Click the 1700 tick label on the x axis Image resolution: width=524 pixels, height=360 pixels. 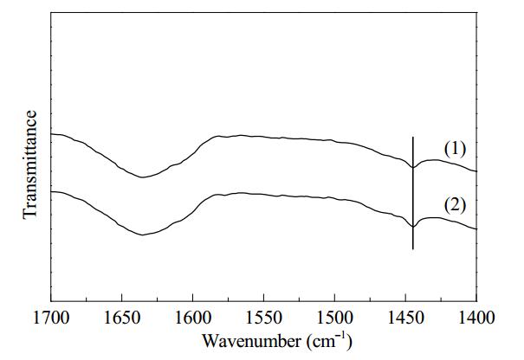[x=51, y=318]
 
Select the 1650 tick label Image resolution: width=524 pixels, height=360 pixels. [x=122, y=318]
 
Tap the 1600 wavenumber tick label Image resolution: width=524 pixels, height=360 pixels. [x=193, y=318]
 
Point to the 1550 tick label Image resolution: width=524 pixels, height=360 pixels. [x=263, y=318]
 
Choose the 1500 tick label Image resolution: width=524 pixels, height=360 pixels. [x=334, y=318]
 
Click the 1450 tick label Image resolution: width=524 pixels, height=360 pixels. [x=405, y=318]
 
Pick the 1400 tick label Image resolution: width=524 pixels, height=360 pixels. [x=476, y=318]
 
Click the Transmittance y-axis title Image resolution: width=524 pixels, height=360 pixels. [x=29, y=164]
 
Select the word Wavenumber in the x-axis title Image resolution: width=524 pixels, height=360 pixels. [x=251, y=341]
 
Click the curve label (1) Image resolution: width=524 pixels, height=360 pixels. [x=455, y=149]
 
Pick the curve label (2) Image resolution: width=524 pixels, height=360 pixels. [x=455, y=205]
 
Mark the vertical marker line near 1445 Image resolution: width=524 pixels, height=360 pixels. [x=413, y=193]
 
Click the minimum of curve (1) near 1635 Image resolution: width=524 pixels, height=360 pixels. [x=143, y=177]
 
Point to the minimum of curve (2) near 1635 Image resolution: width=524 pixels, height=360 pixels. [x=143, y=235]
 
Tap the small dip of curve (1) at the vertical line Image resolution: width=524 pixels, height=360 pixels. [x=413, y=167]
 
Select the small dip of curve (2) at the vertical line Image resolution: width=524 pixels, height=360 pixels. [x=413, y=227]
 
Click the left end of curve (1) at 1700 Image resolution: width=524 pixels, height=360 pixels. [x=51, y=134]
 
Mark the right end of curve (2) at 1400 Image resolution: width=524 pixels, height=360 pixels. [x=475, y=228]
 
